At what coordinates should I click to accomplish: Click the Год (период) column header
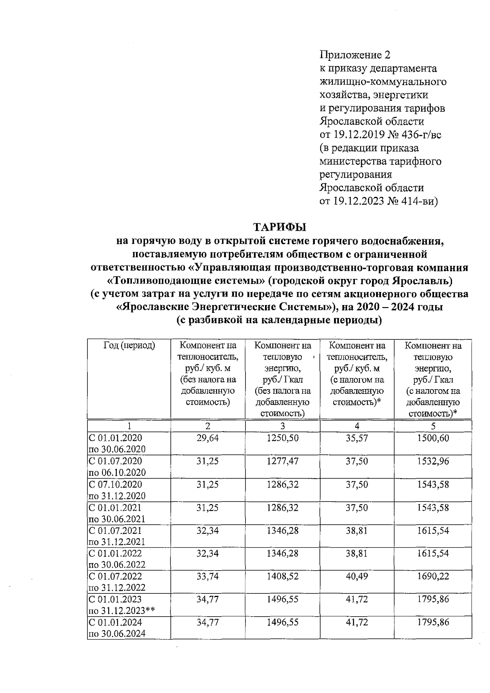(x=129, y=345)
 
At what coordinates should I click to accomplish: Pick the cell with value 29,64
(x=207, y=438)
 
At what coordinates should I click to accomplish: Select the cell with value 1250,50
(x=282, y=438)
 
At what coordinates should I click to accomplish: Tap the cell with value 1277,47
(x=282, y=461)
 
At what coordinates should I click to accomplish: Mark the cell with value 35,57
(x=357, y=438)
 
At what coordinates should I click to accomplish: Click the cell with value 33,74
(x=207, y=576)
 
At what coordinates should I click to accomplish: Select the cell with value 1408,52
(x=282, y=576)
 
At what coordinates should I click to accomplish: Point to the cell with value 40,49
(x=357, y=576)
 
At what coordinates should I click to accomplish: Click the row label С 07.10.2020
(x=116, y=484)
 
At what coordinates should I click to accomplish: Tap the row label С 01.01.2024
(x=116, y=622)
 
